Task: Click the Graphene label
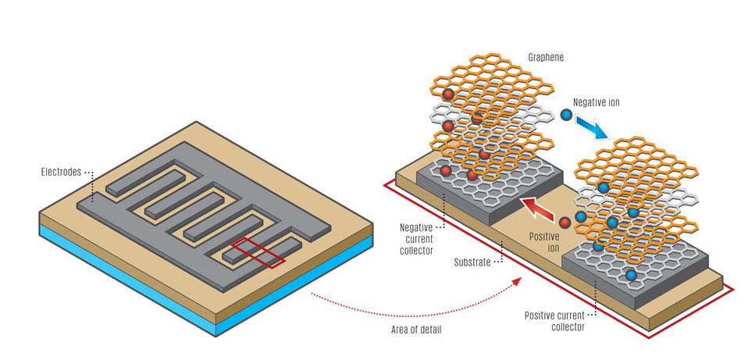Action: click(546, 58)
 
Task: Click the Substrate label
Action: click(471, 262)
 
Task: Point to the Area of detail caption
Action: click(415, 330)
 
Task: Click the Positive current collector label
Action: click(557, 321)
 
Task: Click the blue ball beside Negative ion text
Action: click(566, 116)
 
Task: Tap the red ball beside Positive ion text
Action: click(565, 223)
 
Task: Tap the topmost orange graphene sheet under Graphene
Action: click(484, 78)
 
